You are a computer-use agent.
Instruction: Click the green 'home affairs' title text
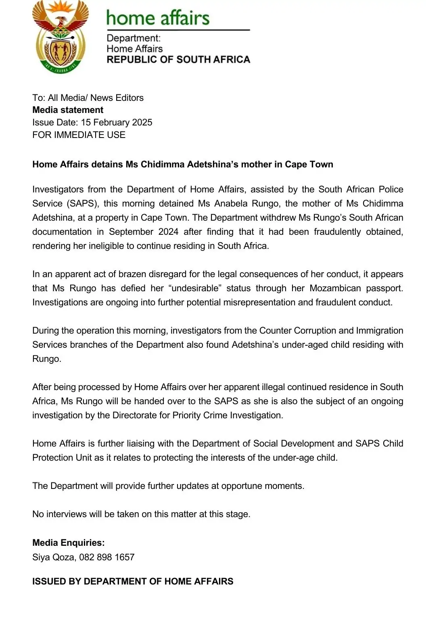[158, 18]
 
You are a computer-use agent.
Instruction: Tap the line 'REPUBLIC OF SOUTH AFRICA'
[178, 60]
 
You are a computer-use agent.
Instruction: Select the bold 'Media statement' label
[68, 110]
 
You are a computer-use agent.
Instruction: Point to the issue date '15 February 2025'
[117, 123]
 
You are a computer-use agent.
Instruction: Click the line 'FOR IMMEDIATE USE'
[79, 135]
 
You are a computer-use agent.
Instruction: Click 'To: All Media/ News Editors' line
[88, 98]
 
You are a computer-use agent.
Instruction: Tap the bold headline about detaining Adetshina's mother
[183, 165]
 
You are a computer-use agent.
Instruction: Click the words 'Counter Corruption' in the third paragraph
[297, 331]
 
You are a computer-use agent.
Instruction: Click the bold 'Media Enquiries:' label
[69, 543]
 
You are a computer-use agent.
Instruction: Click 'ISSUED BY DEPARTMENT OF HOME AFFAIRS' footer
[133, 582]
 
